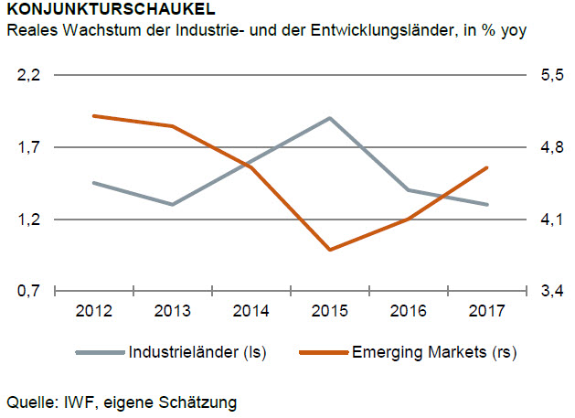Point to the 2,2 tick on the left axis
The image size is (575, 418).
pos(30,76)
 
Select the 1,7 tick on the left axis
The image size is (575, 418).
pos(30,147)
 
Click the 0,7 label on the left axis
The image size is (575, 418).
pos(30,291)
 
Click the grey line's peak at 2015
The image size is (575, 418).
pos(330,118)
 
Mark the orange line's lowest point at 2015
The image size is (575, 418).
pos(330,249)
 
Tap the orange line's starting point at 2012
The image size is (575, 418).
pos(94,116)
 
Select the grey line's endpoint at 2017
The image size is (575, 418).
pos(487,204)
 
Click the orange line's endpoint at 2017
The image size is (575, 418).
pos(487,167)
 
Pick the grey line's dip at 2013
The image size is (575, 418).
pos(173,204)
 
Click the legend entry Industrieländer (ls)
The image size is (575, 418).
pos(197,352)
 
